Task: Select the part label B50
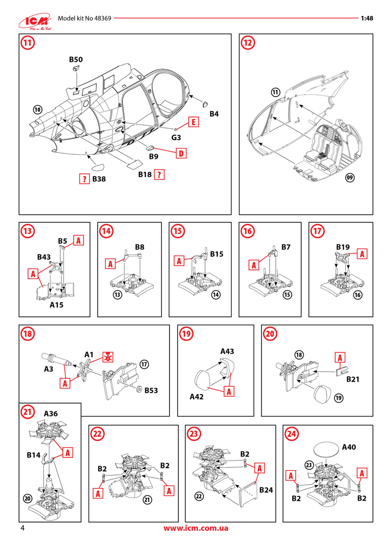pyautogui.click(x=75, y=59)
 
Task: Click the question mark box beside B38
pyautogui.click(x=84, y=179)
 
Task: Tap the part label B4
pyautogui.click(x=214, y=114)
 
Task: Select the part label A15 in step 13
pyautogui.click(x=56, y=305)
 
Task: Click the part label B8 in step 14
pyautogui.click(x=139, y=247)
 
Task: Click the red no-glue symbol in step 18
pyautogui.click(x=106, y=357)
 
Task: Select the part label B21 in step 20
pyautogui.click(x=353, y=379)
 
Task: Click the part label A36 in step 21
pyautogui.click(x=52, y=413)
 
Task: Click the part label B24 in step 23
pyautogui.click(x=266, y=490)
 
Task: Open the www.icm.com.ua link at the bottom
pyautogui.click(x=196, y=528)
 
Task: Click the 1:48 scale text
pyautogui.click(x=367, y=19)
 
